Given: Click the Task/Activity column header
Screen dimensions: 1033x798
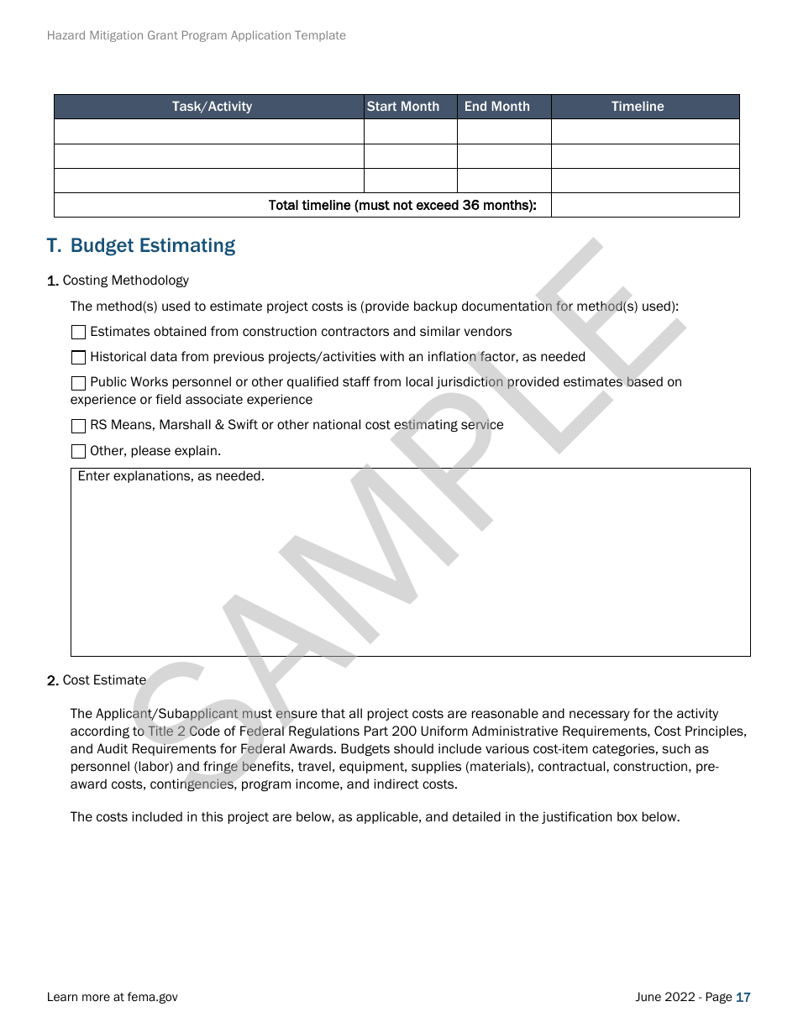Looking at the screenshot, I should [212, 107].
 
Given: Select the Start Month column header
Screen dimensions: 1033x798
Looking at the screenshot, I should [403, 107].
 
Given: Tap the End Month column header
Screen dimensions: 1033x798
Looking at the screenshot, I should [497, 107].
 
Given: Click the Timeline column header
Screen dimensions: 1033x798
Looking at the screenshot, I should [638, 107].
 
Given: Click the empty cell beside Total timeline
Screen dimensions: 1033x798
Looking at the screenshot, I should [645, 206].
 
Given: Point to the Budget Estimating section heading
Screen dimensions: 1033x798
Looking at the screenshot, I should [141, 245].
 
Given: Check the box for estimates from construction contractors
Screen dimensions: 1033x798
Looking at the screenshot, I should [78, 333].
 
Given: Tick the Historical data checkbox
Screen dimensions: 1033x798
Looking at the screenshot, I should [78, 358].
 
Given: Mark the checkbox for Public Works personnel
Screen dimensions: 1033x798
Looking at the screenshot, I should [78, 383].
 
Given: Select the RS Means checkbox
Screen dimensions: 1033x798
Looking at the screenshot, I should [78, 426].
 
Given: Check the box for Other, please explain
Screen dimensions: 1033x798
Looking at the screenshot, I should [78, 452].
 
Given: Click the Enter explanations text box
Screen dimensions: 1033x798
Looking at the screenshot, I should [410, 562].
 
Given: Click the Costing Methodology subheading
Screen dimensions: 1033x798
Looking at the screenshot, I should [125, 281].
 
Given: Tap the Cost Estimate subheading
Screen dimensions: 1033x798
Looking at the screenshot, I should [104, 680].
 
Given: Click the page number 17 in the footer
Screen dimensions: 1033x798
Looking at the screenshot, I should [743, 998].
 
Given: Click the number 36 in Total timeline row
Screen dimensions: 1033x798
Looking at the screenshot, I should [471, 206].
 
